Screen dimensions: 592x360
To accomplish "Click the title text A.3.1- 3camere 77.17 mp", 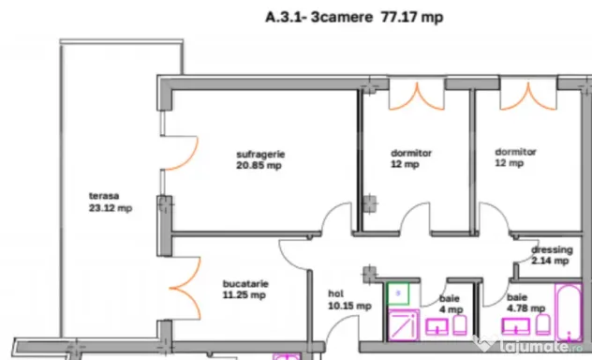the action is [354, 18].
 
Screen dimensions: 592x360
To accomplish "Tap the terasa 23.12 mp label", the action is [111, 202].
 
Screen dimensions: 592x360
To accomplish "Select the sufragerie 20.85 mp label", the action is [260, 159].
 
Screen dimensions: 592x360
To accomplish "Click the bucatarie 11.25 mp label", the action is [245, 290].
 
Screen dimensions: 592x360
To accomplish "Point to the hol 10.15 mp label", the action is [349, 300].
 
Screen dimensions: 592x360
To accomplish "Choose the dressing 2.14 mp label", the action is [552, 255].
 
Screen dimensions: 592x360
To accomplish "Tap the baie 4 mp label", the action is [451, 304].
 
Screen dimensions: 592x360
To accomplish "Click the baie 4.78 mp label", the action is [525, 303].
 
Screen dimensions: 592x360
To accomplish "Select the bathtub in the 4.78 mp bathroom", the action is [569, 313].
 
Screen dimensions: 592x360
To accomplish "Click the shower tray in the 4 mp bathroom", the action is [404, 325].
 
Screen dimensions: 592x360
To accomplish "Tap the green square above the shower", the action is [398, 293].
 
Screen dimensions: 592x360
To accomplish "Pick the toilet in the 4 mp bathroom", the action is [460, 325].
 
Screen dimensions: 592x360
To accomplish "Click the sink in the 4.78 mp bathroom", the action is [515, 326].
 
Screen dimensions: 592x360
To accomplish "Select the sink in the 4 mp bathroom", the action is [437, 327].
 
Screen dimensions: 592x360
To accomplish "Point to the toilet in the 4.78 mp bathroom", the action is [543, 324].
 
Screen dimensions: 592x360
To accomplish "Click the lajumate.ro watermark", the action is [528, 345].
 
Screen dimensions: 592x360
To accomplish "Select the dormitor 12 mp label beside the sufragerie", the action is [411, 158].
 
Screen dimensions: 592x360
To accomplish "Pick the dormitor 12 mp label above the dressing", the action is [515, 157].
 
